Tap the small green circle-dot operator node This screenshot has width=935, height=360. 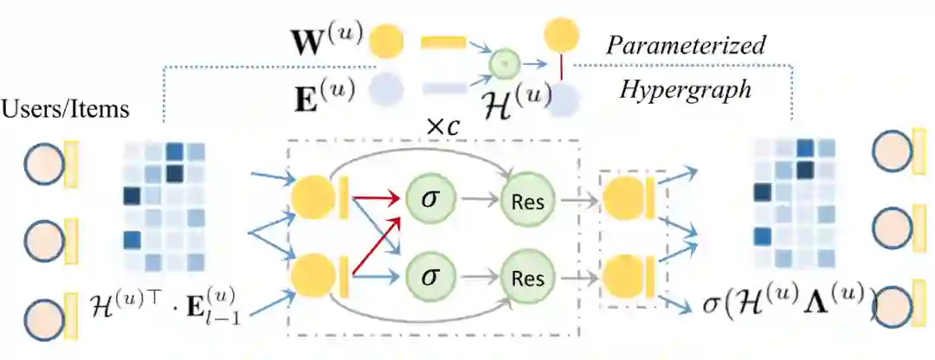pos(505,63)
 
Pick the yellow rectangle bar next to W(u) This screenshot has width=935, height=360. pos(443,42)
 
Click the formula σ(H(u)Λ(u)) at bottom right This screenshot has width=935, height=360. pos(777,301)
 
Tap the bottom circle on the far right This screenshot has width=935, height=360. pos(893,305)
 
